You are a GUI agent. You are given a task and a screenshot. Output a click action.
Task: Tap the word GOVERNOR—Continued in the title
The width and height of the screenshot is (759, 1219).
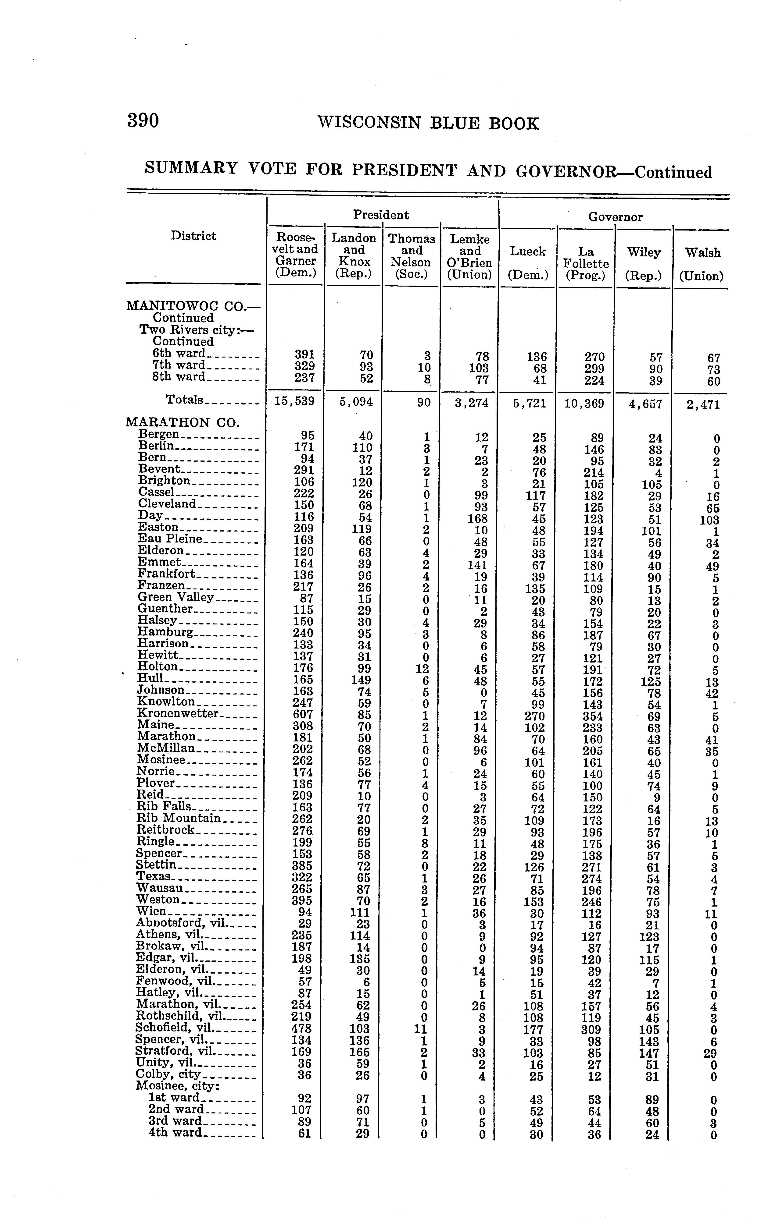(614, 172)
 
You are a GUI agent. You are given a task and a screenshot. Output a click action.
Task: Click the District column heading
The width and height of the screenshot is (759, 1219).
(193, 236)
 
